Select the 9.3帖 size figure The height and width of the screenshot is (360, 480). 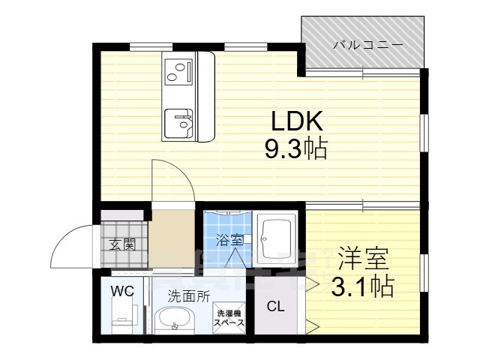tap(294, 150)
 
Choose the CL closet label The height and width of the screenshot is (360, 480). tap(274, 306)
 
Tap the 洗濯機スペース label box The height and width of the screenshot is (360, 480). tap(229, 316)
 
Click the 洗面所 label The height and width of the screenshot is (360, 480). tap(187, 295)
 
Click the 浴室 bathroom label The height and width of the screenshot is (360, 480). tap(229, 241)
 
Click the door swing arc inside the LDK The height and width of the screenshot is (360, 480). tap(169, 180)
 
